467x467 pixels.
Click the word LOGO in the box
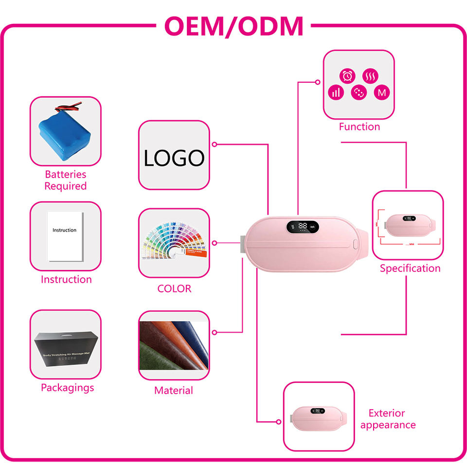tap(174, 158)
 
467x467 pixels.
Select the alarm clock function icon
tap(347, 76)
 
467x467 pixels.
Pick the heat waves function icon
tap(371, 76)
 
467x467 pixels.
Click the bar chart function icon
tap(336, 92)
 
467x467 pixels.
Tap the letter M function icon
tap(382, 92)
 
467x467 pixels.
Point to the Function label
tap(359, 126)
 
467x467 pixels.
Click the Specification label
tap(410, 268)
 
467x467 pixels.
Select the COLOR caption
tap(174, 288)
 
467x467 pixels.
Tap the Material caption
tap(174, 390)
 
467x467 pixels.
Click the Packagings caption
tap(67, 388)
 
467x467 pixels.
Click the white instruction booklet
tap(65, 236)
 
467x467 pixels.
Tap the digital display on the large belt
tap(303, 227)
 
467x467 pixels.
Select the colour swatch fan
tap(170, 243)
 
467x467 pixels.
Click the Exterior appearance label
tap(388, 419)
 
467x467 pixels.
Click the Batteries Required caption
tap(65, 180)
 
